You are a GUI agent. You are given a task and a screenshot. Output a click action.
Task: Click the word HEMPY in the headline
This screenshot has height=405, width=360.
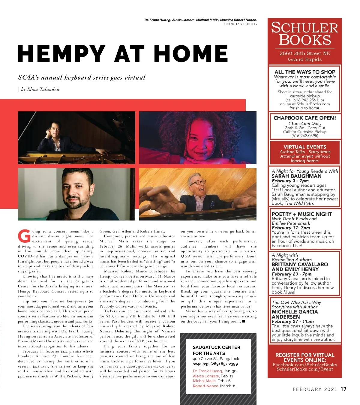(x=61, y=54)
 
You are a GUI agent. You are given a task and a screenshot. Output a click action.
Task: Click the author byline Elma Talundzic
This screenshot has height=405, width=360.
(x=43, y=89)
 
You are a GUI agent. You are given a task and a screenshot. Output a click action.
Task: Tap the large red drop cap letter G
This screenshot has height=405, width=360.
(x=24, y=236)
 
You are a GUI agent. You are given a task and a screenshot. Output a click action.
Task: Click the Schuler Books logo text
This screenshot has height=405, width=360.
(x=304, y=34)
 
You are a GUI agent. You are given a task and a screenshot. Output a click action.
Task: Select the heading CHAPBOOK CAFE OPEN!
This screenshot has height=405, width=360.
(x=304, y=118)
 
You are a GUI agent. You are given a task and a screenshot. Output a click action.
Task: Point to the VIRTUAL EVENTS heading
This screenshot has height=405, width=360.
(x=304, y=147)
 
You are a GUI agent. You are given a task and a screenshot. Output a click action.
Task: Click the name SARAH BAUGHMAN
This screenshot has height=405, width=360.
(x=296, y=176)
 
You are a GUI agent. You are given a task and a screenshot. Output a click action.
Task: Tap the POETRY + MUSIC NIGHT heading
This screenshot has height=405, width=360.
(x=301, y=214)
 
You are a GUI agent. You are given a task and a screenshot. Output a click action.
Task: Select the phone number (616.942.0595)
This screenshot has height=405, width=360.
(x=304, y=136)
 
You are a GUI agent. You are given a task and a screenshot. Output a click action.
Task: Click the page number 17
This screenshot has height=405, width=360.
(x=343, y=389)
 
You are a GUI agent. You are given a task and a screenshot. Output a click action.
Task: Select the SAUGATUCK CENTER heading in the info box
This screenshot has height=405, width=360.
(x=216, y=347)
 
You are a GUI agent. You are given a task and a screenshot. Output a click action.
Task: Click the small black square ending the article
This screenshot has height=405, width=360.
(x=243, y=321)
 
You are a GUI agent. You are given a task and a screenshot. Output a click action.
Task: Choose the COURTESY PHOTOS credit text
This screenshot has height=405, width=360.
(x=240, y=24)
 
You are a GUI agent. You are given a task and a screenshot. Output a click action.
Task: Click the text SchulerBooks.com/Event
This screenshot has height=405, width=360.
(x=304, y=369)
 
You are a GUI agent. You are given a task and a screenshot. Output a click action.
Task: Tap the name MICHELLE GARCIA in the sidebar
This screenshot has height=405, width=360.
(x=295, y=312)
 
